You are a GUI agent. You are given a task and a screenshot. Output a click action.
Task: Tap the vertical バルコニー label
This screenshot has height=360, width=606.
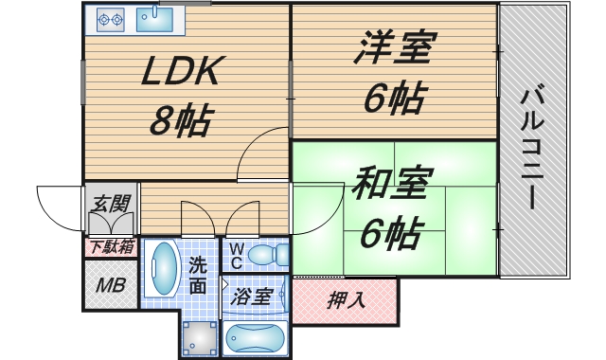[x=531, y=147]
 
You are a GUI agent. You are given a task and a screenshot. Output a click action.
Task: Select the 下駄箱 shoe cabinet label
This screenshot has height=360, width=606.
[x=112, y=246]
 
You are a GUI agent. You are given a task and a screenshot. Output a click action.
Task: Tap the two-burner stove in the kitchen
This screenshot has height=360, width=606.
[x=112, y=17]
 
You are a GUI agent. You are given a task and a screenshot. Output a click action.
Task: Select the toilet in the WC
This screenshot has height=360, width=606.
[x=273, y=254]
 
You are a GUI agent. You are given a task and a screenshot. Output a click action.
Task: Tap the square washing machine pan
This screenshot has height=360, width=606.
[x=199, y=335]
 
